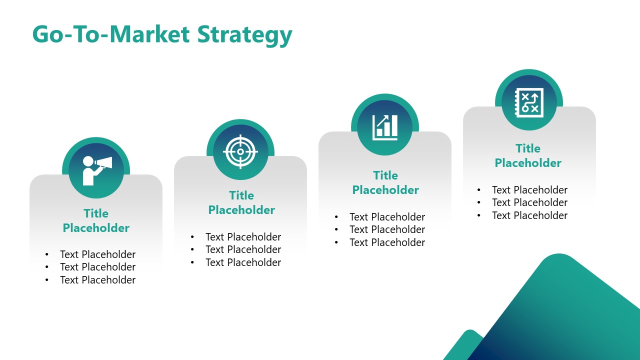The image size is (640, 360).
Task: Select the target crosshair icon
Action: (x=240, y=151)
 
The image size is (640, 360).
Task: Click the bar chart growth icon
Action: (x=385, y=127)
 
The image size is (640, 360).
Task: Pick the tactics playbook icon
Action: (x=529, y=102)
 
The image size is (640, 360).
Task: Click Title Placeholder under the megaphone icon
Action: (x=96, y=220)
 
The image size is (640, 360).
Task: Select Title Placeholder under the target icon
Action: (x=241, y=202)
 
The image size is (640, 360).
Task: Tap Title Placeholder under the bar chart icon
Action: (x=385, y=182)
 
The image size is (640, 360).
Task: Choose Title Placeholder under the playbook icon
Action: (x=528, y=155)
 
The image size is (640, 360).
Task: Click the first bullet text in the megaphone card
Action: (x=97, y=254)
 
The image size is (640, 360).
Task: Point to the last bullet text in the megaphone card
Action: (x=97, y=280)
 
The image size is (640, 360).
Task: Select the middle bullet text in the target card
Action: (x=243, y=249)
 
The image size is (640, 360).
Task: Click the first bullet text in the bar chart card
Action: (x=387, y=217)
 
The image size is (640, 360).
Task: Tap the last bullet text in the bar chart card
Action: (x=387, y=242)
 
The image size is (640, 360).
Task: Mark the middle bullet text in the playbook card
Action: (x=529, y=202)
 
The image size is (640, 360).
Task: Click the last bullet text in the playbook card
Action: (x=529, y=215)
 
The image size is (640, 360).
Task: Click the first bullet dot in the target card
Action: (x=192, y=237)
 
